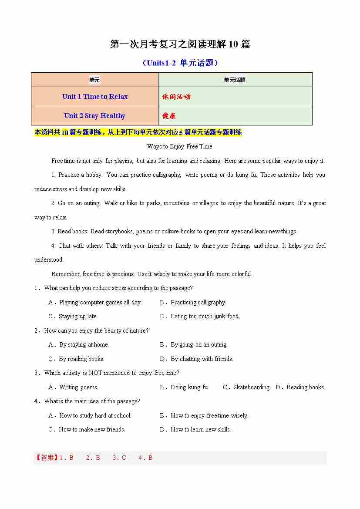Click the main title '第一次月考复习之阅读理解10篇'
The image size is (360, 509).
click(180, 44)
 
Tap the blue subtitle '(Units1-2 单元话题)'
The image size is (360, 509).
click(180, 63)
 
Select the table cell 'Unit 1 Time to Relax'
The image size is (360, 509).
click(95, 97)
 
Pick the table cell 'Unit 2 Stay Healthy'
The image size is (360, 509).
click(94, 116)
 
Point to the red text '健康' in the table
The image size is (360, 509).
click(169, 116)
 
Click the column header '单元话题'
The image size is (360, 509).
click(235, 80)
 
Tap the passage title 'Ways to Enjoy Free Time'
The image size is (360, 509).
click(180, 147)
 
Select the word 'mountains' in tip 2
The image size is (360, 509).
click(176, 203)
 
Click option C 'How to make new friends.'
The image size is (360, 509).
click(92, 429)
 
